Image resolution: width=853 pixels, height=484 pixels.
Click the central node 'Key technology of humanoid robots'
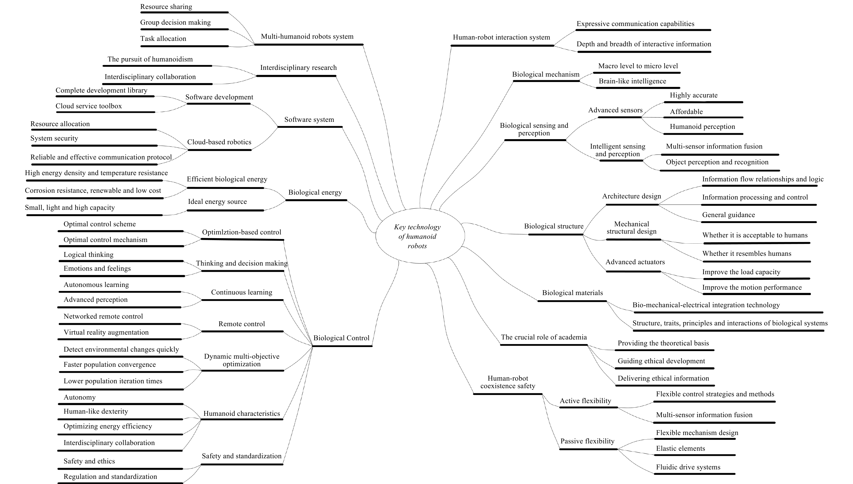417,236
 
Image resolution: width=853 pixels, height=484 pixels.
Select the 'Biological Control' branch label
341,338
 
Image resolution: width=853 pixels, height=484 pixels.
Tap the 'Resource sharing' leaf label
166,7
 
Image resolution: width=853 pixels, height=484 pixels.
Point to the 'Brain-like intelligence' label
632,81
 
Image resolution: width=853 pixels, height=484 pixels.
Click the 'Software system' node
309,120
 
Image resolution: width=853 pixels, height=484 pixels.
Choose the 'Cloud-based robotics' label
219,142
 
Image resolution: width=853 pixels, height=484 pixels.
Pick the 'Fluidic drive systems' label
688,467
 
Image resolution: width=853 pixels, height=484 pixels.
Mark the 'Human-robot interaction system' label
501,37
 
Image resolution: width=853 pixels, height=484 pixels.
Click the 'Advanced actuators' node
635,262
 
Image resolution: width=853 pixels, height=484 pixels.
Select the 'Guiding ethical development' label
661,361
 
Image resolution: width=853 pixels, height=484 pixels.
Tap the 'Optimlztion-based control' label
242,232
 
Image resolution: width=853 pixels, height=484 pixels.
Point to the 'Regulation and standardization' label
110,476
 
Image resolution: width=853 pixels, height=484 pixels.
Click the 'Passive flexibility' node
587,441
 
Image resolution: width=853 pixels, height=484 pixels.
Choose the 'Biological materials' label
572,293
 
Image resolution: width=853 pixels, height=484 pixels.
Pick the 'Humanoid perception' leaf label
702,127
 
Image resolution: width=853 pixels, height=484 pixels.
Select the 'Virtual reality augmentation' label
106,332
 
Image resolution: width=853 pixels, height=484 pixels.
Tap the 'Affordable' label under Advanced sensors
686,112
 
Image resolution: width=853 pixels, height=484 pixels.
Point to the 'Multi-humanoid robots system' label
307,37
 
